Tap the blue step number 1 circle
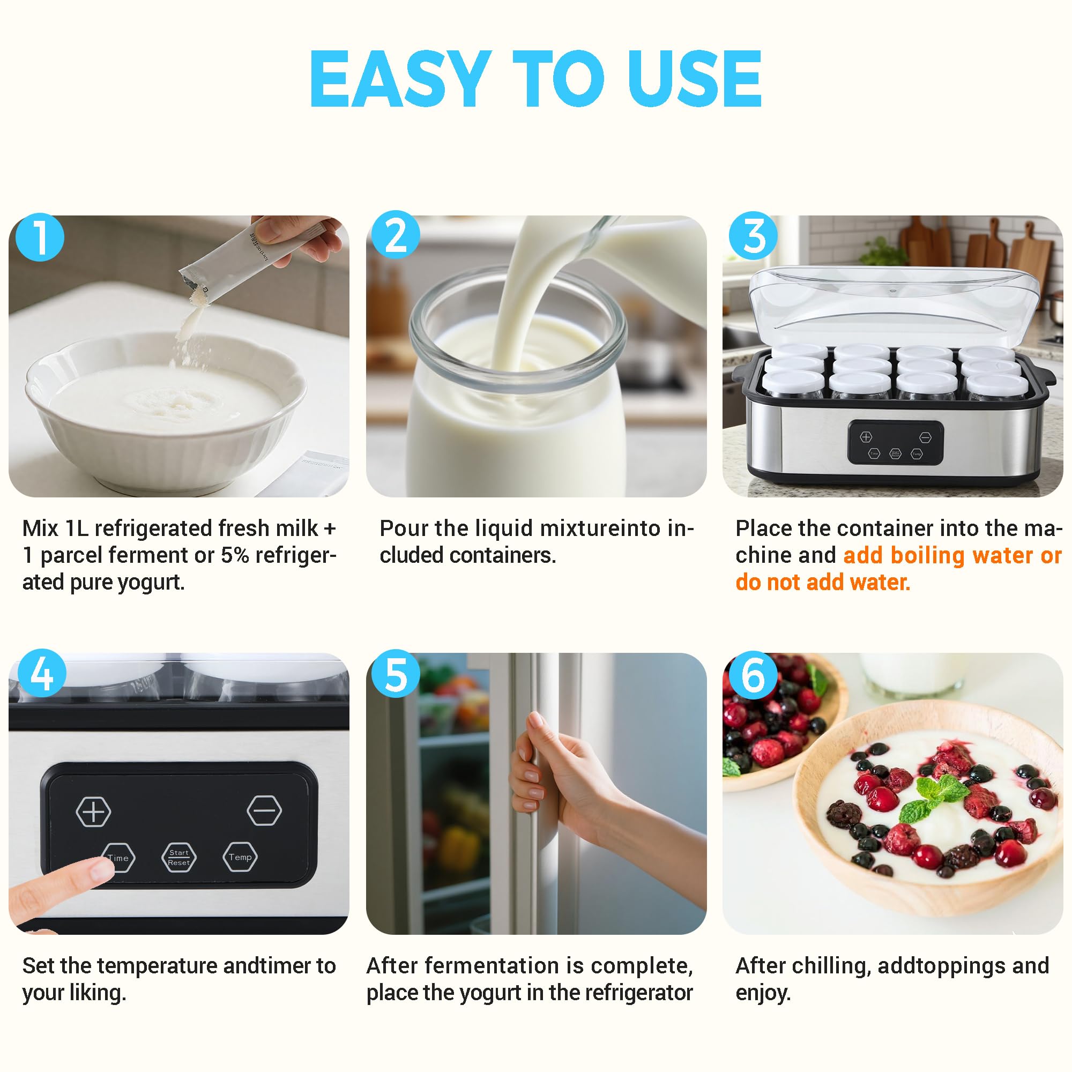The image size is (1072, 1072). [40, 237]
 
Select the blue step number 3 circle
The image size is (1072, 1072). [753, 236]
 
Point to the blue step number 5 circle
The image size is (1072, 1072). [395, 674]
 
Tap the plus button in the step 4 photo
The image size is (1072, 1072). [93, 812]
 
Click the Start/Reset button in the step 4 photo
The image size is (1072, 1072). [178, 857]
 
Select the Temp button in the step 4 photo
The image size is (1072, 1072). [240, 857]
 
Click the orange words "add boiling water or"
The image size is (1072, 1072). [952, 555]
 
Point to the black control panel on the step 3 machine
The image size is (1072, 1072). [895, 443]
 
